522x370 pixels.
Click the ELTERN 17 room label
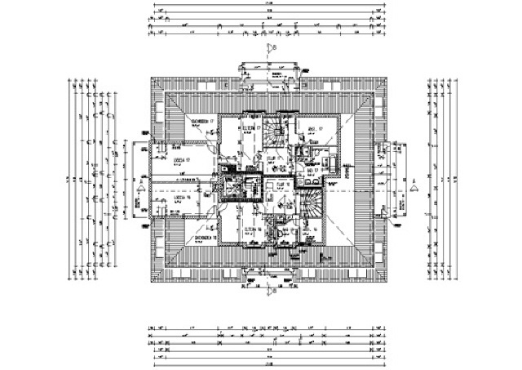(x=249, y=129)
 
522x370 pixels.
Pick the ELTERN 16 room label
(x=250, y=230)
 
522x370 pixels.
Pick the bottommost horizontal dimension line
(x=265, y=356)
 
